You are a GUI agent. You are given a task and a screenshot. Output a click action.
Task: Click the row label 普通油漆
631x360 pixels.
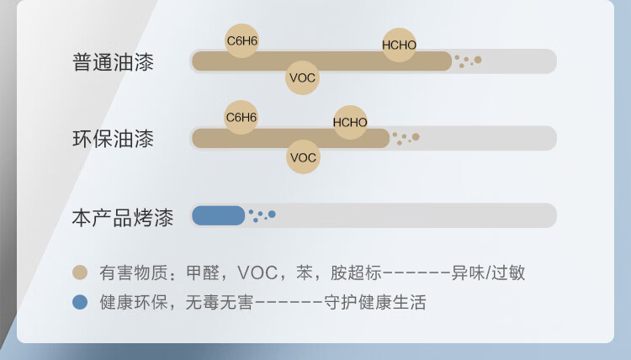pos(113,62)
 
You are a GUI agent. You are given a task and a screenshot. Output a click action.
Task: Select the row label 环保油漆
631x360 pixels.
pos(113,139)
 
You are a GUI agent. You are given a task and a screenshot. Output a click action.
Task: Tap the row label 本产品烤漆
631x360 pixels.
pos(123,218)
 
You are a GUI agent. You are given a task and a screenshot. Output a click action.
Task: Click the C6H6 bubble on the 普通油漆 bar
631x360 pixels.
pos(241,40)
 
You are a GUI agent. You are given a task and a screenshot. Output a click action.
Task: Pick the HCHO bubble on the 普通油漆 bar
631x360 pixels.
pos(399,45)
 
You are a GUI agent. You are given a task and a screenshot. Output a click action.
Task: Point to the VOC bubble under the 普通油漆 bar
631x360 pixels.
pos(302,77)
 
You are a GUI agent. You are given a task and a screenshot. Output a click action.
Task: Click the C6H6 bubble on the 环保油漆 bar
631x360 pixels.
pos(241,117)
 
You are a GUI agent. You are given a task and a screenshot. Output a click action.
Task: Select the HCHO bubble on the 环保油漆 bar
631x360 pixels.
pos(350,122)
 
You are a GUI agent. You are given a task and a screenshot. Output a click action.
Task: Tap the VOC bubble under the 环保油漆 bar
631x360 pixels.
pos(303,157)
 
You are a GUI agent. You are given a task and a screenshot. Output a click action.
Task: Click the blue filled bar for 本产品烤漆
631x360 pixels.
pos(219,215)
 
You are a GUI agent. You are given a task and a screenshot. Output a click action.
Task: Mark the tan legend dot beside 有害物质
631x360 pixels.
pos(80,273)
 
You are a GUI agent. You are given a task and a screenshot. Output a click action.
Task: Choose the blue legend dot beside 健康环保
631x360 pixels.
pos(80,302)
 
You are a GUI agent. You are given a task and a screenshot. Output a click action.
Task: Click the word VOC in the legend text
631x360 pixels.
pos(257,273)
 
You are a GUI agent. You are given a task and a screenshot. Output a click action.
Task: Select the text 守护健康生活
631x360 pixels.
pos(375,303)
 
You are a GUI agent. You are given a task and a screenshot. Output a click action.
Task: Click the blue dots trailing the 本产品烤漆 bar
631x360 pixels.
pos(262,215)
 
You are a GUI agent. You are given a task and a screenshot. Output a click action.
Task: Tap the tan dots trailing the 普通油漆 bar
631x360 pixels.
pos(468,61)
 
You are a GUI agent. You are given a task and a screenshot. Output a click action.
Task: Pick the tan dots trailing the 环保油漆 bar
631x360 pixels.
pos(406,139)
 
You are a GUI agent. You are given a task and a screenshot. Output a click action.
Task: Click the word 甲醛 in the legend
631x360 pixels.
pos(203,273)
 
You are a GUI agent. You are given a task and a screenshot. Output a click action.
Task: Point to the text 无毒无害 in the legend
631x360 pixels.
pos(220,303)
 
